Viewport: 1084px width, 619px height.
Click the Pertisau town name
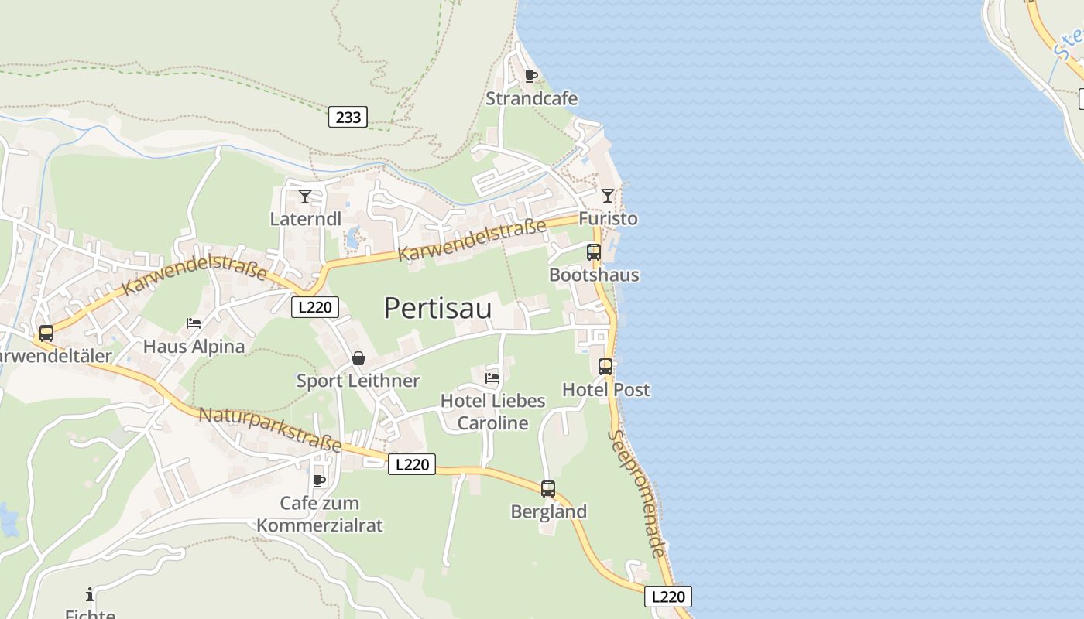(437, 308)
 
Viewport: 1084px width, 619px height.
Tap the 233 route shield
(348, 117)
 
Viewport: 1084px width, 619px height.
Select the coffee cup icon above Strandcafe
(530, 76)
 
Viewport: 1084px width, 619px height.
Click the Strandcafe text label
(531, 99)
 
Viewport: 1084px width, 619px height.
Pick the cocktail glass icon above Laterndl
(305, 196)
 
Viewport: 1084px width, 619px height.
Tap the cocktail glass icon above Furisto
(608, 195)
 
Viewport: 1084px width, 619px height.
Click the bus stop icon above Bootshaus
(594, 252)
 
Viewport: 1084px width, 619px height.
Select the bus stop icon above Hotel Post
(605, 367)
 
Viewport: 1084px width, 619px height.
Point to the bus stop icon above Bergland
(548, 489)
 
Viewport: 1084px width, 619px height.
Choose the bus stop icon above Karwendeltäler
(46, 333)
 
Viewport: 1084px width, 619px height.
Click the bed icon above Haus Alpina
(194, 323)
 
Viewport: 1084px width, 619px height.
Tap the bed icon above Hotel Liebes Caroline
(492, 378)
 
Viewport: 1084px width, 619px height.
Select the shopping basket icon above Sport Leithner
(358, 358)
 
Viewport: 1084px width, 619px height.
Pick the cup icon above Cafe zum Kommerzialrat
(318, 480)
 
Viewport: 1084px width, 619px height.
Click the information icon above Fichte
(90, 594)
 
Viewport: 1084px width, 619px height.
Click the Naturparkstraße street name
(270, 429)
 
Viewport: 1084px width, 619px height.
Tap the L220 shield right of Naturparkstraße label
(411, 464)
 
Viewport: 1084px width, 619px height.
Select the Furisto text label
(608, 218)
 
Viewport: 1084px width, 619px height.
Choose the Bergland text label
(549, 511)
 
